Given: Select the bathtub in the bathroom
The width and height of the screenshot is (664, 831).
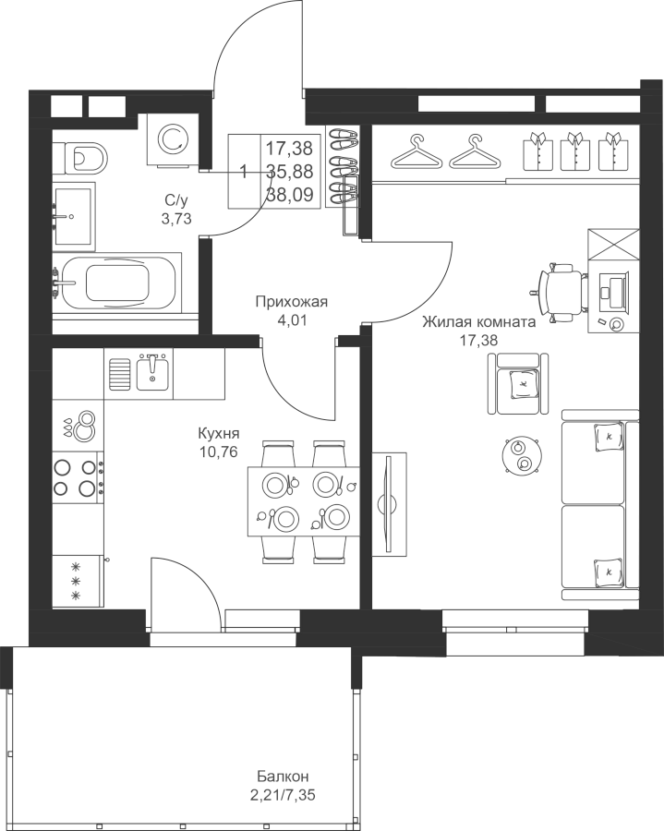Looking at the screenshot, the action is pos(116,282).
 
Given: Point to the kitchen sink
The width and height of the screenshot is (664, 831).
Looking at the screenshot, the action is pos(152,372).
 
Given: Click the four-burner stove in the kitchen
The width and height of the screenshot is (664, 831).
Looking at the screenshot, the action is pos(78,477).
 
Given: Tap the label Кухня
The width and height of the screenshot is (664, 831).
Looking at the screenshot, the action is pos(218,434).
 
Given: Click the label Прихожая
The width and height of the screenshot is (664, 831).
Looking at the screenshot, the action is pos(292,302).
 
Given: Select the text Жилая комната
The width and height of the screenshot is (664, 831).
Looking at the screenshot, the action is pos(478,322).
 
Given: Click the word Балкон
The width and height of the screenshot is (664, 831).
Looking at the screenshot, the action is pos(283,777).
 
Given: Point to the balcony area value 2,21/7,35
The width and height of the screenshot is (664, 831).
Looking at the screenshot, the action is pos(285,796).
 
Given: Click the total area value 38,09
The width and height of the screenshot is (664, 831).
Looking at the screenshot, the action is pos(289,195).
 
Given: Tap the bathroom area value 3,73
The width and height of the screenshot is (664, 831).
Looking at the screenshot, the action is pos(176,218).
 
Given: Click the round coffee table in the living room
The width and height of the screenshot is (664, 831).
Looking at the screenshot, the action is pos(521,456).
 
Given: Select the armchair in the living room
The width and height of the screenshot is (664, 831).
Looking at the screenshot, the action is pos(518,383).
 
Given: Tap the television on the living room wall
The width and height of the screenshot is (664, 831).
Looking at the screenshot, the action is pos(390,504).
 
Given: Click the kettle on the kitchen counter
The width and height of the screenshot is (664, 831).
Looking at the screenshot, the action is pos(84,426).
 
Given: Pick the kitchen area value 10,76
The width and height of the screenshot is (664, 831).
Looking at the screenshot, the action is pos(218,452).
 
